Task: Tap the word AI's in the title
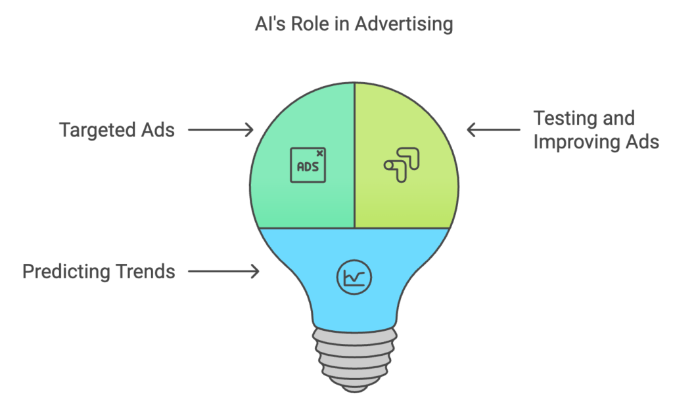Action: (268, 25)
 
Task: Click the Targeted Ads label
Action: (117, 130)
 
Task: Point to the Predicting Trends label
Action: (99, 271)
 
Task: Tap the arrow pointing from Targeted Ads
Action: (221, 130)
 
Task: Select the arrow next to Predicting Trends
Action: (223, 271)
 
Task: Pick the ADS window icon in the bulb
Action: (308, 165)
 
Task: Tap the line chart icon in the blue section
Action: (354, 278)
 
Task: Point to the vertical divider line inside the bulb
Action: (355, 158)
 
